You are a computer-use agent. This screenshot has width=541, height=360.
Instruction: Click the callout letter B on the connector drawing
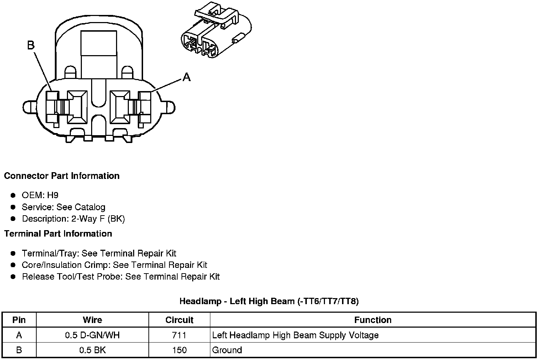(x=31, y=45)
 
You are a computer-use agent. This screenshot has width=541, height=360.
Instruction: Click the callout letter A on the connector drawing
(x=187, y=76)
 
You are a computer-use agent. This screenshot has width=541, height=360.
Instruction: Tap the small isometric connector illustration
(x=216, y=31)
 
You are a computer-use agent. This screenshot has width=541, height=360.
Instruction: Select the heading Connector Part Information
(x=62, y=176)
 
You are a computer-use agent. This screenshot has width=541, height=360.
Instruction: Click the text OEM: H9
(x=40, y=195)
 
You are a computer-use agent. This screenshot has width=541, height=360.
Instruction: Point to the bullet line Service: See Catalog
(x=63, y=207)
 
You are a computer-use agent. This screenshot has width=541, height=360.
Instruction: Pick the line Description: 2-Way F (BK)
(x=73, y=218)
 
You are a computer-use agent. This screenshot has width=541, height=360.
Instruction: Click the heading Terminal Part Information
(x=58, y=233)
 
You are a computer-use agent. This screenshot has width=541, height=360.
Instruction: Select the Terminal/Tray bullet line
(x=99, y=253)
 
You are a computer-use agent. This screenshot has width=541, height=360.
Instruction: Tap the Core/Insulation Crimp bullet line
(x=114, y=265)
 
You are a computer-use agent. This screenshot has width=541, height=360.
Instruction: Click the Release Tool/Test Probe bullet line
(x=121, y=276)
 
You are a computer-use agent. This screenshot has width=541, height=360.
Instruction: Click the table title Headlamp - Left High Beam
(x=269, y=301)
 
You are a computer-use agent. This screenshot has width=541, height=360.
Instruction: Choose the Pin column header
(x=19, y=320)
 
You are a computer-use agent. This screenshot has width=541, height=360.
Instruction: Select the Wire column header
(x=92, y=320)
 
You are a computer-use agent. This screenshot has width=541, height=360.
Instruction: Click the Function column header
(x=373, y=320)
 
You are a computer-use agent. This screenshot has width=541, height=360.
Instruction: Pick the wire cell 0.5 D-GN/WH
(x=92, y=335)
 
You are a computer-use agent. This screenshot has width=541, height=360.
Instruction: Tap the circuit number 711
(x=179, y=335)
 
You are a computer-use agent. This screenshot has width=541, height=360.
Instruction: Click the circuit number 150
(x=179, y=350)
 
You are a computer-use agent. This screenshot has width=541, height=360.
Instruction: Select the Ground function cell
(x=227, y=350)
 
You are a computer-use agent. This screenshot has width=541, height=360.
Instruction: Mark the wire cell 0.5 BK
(x=92, y=350)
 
